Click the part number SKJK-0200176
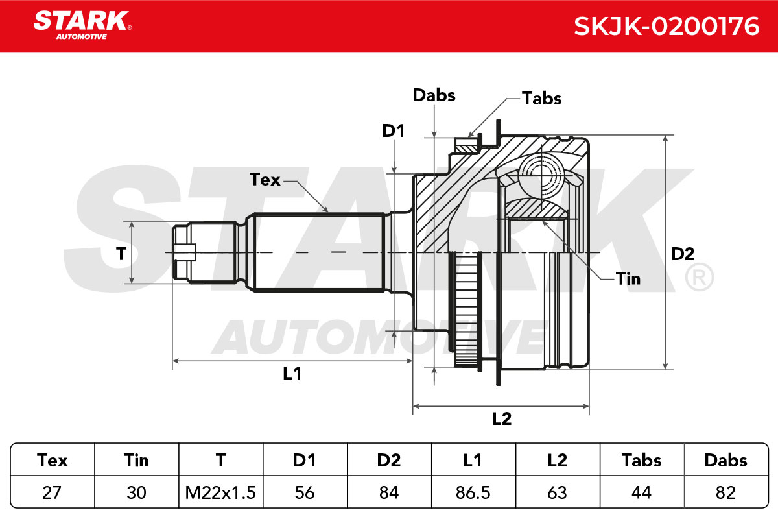click(x=666, y=27)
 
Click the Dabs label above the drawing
click(x=434, y=95)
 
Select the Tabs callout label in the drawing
click(x=542, y=99)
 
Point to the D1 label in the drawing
click(x=393, y=131)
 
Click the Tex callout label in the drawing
click(x=265, y=179)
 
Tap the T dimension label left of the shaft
click(x=121, y=254)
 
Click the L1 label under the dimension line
click(x=292, y=373)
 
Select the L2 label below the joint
click(x=502, y=418)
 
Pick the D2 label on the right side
click(x=683, y=254)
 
